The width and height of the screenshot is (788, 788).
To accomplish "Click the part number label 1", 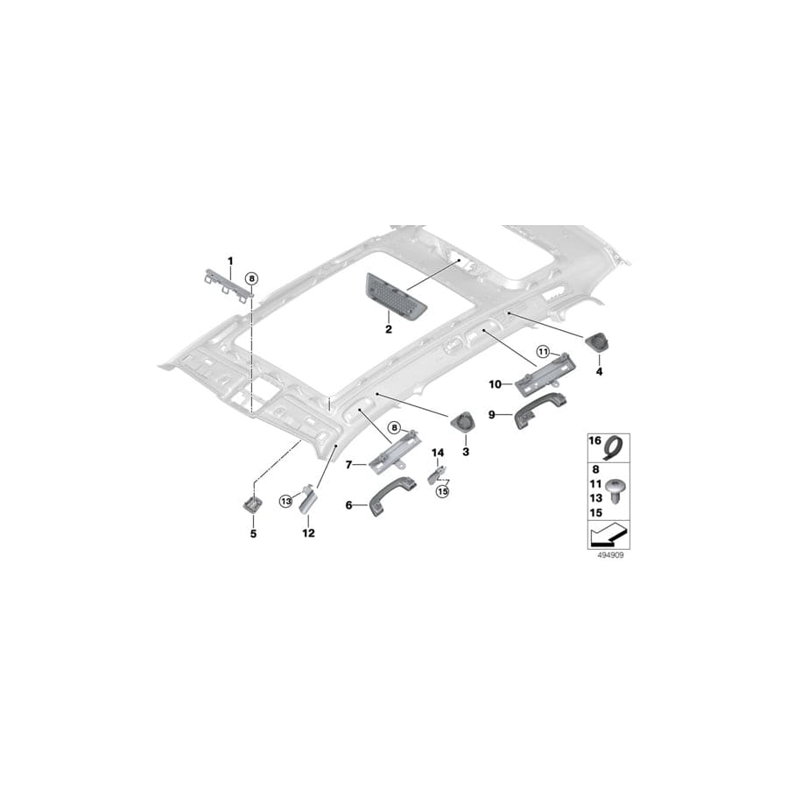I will pyautogui.click(x=231, y=261).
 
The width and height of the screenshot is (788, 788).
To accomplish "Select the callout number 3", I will pyautogui.click(x=466, y=451).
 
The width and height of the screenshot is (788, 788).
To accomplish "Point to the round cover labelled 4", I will pyautogui.click(x=601, y=343).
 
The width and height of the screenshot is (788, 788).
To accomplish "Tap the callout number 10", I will pyautogui.click(x=495, y=383).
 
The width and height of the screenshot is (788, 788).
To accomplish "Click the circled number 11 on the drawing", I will pyautogui.click(x=542, y=352).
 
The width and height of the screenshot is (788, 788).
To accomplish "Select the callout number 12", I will pyautogui.click(x=307, y=531).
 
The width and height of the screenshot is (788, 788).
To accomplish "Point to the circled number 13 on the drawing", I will pyautogui.click(x=285, y=500).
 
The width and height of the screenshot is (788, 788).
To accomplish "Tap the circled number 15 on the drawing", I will pyautogui.click(x=443, y=492).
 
